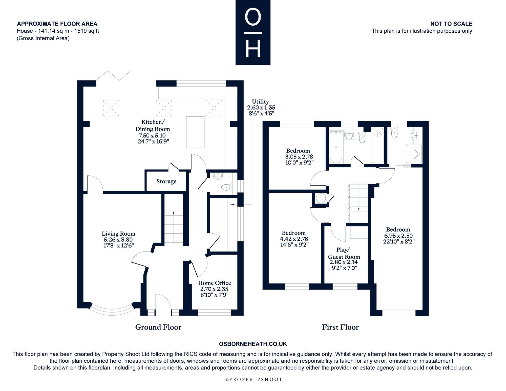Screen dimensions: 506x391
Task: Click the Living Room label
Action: pos(118,234)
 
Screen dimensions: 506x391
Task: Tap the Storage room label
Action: pos(166,181)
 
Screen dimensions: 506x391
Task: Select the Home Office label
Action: pos(215,283)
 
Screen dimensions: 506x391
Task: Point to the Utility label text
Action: pos(260,101)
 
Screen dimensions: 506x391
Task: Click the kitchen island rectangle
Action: pos(195,132)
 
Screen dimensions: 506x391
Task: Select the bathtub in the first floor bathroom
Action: pos(336,147)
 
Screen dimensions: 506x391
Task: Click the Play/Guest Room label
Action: pos(344,253)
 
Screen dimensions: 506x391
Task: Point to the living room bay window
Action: pos(112,310)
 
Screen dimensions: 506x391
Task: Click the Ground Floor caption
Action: pos(158,327)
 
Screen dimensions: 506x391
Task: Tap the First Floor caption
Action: pos(340,327)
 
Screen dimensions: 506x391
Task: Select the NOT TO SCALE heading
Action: pos(451,24)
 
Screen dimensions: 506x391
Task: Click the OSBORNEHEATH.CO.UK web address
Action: pos(253,344)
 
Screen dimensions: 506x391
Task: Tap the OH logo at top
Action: pos(253,32)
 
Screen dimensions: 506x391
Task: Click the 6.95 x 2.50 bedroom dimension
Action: pos(398,236)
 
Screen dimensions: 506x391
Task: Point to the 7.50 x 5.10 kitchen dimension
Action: pos(152,135)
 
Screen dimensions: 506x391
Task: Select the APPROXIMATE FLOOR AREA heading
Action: pos(57,24)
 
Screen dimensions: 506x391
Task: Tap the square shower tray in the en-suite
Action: pos(414,154)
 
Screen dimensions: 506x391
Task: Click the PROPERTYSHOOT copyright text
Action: pos(254,379)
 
